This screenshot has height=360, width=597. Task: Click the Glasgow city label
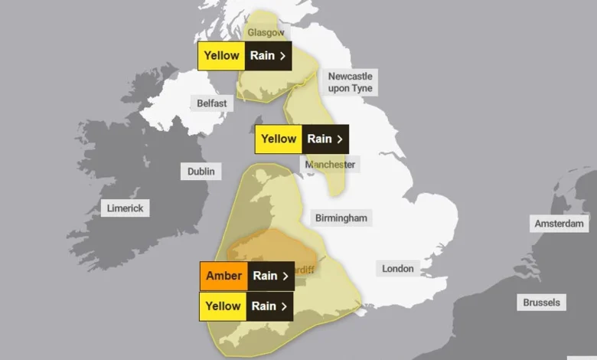pyautogui.click(x=266, y=32)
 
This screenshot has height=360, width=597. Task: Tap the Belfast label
pyautogui.click(x=210, y=103)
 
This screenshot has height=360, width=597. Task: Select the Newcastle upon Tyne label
pyautogui.click(x=350, y=82)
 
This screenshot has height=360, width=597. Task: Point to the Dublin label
pyautogui.click(x=201, y=172)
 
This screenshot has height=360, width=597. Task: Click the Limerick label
pyautogui.click(x=126, y=208)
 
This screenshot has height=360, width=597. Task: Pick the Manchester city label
pyautogui.click(x=330, y=165)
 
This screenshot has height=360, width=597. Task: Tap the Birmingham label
pyautogui.click(x=341, y=218)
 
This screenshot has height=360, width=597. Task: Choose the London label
pyautogui.click(x=397, y=268)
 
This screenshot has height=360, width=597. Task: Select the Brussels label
pyautogui.click(x=541, y=302)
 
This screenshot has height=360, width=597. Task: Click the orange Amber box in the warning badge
pyautogui.click(x=223, y=276)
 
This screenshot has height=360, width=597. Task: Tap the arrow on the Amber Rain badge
pyautogui.click(x=285, y=276)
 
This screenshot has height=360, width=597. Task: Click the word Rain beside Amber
pyautogui.click(x=265, y=276)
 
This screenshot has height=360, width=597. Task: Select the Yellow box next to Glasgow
pyautogui.click(x=221, y=56)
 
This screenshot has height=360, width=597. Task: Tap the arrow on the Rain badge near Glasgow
pyautogui.click(x=282, y=56)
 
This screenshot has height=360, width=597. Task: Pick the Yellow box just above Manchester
pyautogui.click(x=278, y=139)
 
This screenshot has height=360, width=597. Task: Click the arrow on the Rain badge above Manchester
pyautogui.click(x=339, y=139)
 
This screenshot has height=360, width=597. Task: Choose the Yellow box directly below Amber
pyautogui.click(x=223, y=306)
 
